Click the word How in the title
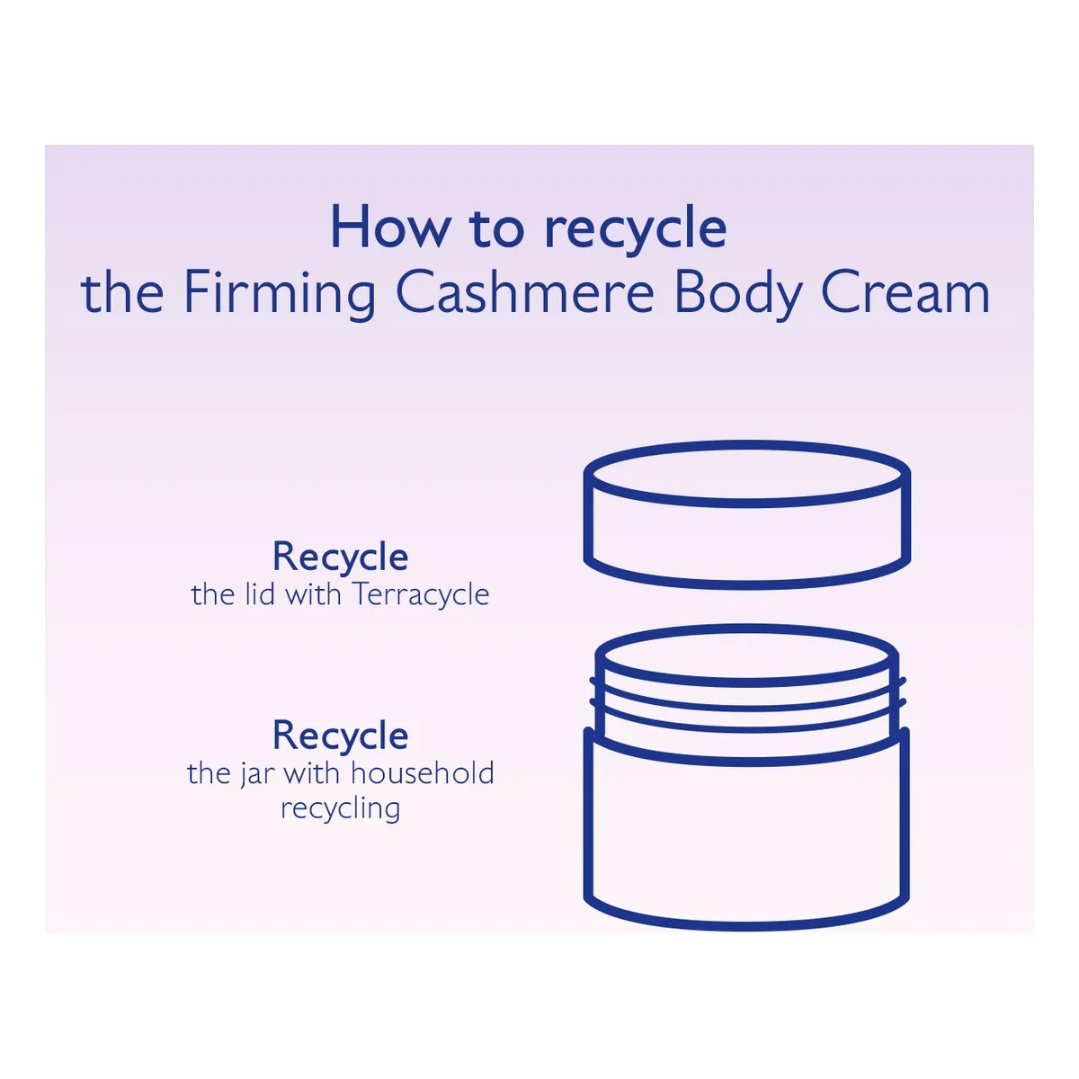click(390, 227)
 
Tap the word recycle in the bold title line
click(636, 232)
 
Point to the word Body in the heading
click(739, 295)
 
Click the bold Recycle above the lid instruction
click(341, 557)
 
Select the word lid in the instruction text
click(261, 594)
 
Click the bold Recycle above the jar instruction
click(341, 736)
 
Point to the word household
click(423, 774)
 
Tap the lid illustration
click(746, 514)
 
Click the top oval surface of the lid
click(746, 474)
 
